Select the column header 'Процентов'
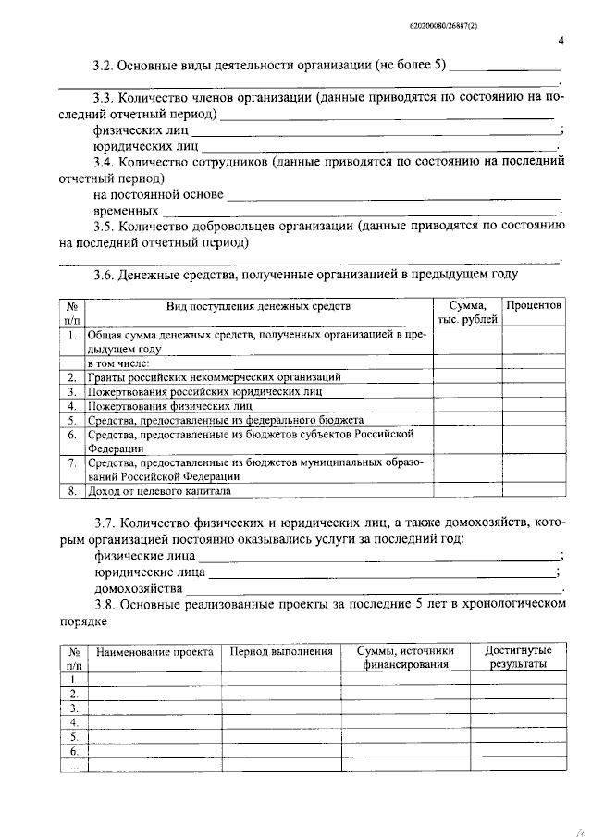(x=534, y=306)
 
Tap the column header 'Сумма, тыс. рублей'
(x=467, y=313)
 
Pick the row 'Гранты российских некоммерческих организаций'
(x=214, y=377)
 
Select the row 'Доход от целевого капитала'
(x=158, y=491)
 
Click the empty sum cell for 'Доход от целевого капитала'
(x=467, y=491)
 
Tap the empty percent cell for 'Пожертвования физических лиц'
(x=534, y=405)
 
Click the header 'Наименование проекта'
(x=154, y=652)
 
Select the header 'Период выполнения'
(x=281, y=652)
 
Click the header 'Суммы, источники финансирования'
(x=406, y=658)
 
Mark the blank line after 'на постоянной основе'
(x=393, y=196)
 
